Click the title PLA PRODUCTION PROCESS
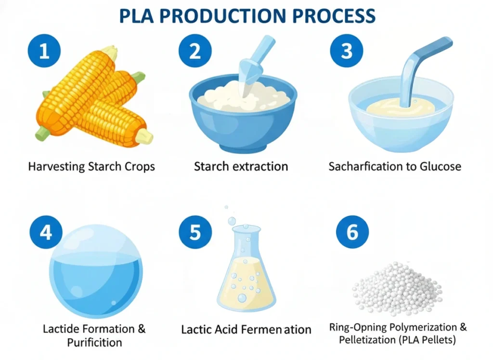(x=246, y=15)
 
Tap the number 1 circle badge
(x=44, y=51)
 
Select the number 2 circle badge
(x=195, y=51)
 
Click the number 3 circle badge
(x=346, y=51)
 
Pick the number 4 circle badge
(x=46, y=232)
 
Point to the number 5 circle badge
(x=195, y=232)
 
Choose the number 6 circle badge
(x=352, y=232)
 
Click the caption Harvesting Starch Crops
(x=91, y=167)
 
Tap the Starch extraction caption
(x=241, y=167)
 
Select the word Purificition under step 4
(x=94, y=343)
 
